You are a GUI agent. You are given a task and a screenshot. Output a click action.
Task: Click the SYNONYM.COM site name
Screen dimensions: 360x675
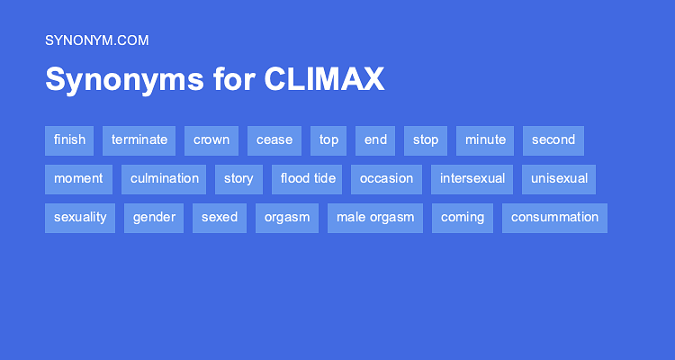(x=96, y=40)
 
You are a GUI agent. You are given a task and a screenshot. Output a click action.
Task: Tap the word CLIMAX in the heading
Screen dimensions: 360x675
(x=324, y=80)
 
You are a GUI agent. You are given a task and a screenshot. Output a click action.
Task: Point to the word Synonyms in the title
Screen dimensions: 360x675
(x=125, y=80)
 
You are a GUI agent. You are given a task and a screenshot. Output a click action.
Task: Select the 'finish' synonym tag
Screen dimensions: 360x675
(x=69, y=139)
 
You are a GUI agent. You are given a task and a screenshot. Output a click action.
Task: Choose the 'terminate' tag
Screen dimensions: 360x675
(x=139, y=139)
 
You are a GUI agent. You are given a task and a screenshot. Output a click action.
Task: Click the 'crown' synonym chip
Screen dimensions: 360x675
(x=211, y=139)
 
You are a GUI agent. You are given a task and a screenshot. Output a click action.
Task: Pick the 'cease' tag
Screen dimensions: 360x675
(x=274, y=139)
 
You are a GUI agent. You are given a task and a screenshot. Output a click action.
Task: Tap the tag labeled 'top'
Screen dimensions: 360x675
(x=328, y=139)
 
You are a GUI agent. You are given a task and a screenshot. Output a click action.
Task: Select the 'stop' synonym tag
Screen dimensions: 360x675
(x=426, y=139)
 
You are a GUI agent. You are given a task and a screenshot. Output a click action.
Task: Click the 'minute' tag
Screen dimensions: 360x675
(x=485, y=139)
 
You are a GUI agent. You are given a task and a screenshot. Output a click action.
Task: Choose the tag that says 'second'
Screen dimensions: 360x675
(x=553, y=139)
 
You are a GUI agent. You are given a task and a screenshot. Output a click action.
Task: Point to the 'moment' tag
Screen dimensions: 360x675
(x=78, y=178)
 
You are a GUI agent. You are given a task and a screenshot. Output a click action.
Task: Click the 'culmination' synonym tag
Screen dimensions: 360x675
(x=164, y=178)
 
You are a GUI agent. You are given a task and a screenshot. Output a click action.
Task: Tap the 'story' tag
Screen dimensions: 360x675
(x=238, y=178)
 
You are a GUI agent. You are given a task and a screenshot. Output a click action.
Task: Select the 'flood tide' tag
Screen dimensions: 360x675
(x=307, y=178)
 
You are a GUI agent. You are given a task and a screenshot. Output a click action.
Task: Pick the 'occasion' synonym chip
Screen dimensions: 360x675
(x=386, y=178)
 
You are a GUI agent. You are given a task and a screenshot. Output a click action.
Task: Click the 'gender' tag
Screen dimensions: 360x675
(x=154, y=217)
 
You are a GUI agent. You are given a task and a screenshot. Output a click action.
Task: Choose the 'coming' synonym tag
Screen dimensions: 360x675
(x=463, y=217)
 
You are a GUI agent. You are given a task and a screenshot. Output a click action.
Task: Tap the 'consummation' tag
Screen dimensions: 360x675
(x=554, y=217)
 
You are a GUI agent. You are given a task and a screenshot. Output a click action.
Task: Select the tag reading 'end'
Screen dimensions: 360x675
(x=375, y=139)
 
